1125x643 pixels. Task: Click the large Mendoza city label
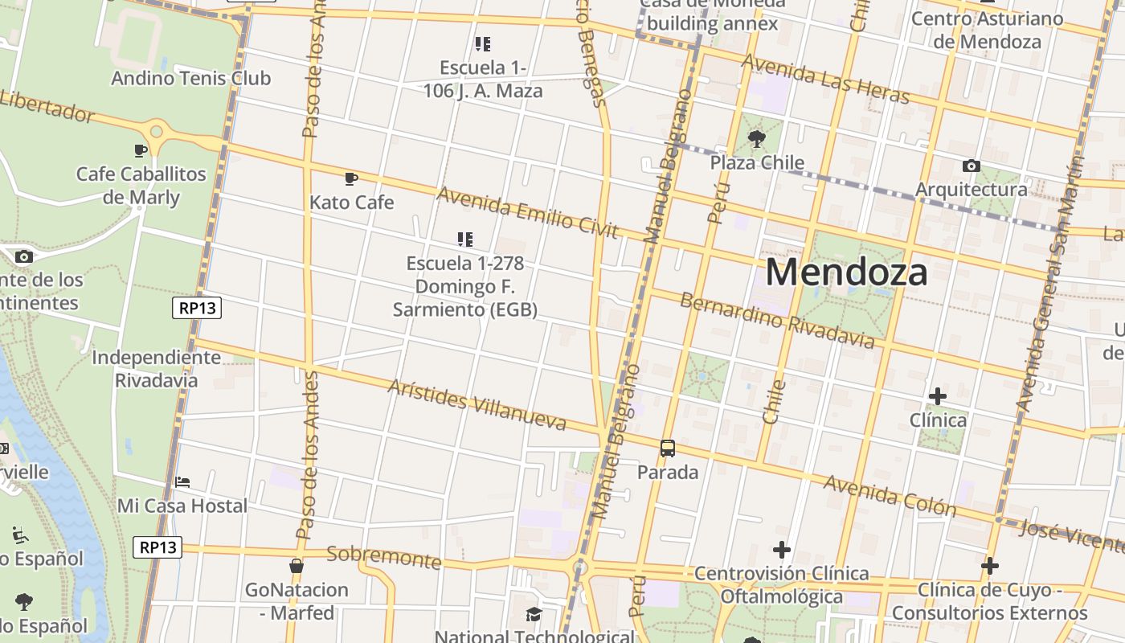[846, 272]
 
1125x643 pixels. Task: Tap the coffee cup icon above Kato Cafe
[350, 178]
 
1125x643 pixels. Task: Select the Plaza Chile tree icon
[756, 139]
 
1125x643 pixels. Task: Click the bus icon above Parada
[667, 448]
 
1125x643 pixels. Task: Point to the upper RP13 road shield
[197, 308]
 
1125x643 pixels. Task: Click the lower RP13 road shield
[157, 547]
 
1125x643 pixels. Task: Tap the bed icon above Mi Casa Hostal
[182, 482]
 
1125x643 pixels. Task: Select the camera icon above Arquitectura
[971, 166]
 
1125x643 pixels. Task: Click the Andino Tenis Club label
[190, 78]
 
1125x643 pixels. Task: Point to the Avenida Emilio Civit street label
[527, 212]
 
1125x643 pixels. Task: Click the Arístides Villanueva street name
[477, 404]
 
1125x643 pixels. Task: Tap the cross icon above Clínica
[937, 396]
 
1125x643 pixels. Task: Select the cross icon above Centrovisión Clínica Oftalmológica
[781, 550]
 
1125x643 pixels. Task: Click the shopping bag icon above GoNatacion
[297, 566]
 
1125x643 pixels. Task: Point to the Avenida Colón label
[890, 495]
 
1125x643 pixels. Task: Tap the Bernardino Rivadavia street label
[777, 321]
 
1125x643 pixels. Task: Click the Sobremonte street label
[384, 556]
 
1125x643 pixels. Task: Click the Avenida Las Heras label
[825, 79]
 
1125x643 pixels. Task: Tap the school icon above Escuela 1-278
[464, 239]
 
